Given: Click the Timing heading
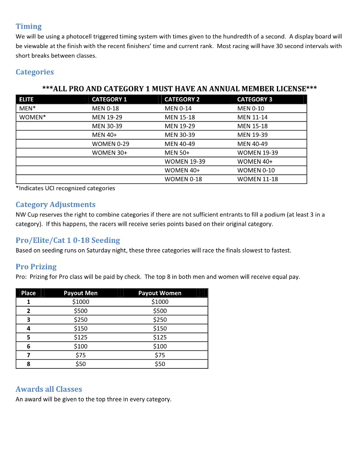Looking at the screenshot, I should tap(29, 26).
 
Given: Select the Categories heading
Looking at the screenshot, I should tap(35, 72).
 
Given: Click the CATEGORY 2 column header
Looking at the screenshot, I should tap(182, 99).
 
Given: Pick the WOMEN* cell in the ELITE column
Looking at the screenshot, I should tap(32, 117).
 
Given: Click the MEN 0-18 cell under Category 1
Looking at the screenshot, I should tap(105, 109).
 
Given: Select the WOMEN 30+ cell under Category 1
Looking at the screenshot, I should tap(109, 153).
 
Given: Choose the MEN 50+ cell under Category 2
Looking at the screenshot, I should tap(177, 153).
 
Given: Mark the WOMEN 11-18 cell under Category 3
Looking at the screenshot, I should tap(257, 179).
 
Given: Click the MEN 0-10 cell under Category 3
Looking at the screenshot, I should tap(251, 109).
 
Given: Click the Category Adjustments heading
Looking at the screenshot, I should tap(56, 205).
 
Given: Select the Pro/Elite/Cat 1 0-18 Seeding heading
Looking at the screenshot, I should tap(68, 240).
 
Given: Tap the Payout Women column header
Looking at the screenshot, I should tap(160, 293).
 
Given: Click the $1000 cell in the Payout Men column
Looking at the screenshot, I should tap(81, 302).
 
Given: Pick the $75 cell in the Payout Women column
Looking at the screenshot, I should tap(160, 355).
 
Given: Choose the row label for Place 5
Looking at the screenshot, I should tap(28, 338).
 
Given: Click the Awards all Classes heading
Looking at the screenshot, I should tap(49, 389).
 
